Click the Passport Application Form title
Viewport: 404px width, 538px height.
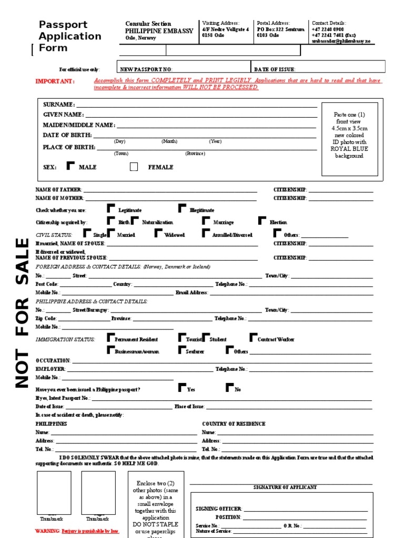[x=69, y=36]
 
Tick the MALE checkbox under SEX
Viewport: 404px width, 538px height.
[x=71, y=166]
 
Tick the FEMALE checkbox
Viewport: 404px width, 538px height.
[x=134, y=167]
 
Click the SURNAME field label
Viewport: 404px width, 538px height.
[x=58, y=105]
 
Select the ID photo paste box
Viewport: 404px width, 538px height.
[x=349, y=139]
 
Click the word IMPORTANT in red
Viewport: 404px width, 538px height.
[x=55, y=81]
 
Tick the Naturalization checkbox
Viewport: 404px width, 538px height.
[x=135, y=221]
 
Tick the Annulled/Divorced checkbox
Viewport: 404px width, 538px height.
[x=206, y=233]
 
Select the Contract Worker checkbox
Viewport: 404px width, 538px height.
[x=254, y=337]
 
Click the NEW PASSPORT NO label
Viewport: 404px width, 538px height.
[x=146, y=69]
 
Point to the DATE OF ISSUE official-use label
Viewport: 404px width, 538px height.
[x=275, y=69]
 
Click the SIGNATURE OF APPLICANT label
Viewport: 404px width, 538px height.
[x=285, y=488]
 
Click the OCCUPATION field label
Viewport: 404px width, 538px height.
[x=53, y=361]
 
